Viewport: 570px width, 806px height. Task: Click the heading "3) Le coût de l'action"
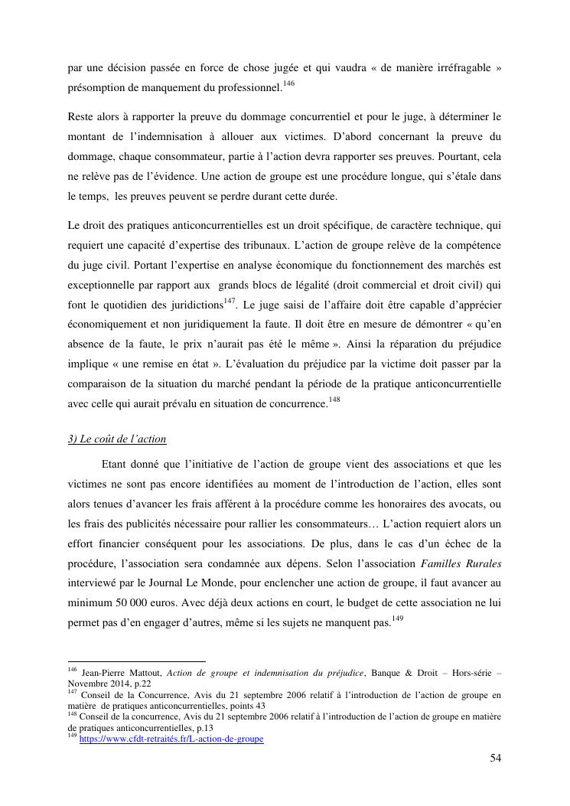[117, 439]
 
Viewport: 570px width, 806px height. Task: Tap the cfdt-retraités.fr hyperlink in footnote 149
[171, 739]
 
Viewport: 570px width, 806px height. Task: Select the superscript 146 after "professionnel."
[288, 83]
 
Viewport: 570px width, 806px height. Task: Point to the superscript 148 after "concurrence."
[334, 400]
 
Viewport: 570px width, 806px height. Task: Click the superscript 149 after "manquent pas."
[396, 618]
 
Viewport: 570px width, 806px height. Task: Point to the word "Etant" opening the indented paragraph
[116, 464]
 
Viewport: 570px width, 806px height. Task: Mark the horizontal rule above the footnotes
[137, 661]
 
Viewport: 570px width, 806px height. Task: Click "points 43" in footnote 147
[249, 706]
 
